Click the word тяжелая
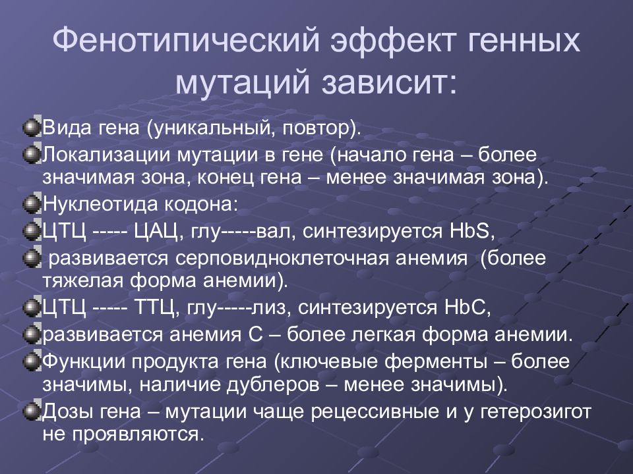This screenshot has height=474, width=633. [83, 281]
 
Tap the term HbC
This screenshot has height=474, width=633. [467, 308]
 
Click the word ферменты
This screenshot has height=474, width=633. [436, 362]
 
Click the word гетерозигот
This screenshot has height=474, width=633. [536, 412]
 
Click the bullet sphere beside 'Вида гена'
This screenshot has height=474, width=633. [32, 128]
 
